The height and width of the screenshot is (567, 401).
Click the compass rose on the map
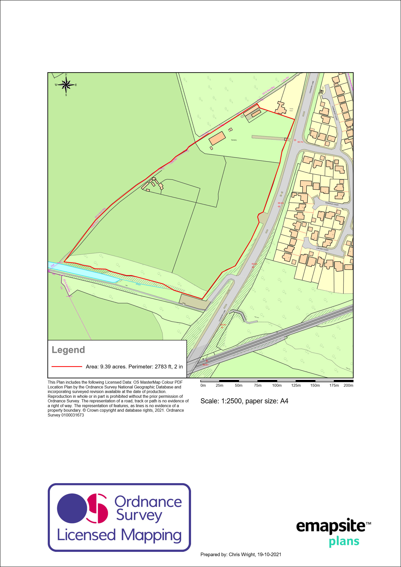coord(66,85)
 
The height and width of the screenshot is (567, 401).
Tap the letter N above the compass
coord(66,75)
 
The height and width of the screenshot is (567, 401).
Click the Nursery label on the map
coord(234,140)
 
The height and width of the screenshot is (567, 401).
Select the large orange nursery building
coord(217,138)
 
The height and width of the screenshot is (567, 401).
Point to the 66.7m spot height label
coord(300,142)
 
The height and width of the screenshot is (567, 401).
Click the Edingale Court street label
coord(332,204)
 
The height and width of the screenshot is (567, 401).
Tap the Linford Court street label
coord(322,249)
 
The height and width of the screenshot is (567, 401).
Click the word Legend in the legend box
coord(68,350)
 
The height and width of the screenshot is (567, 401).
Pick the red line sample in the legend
coord(67,366)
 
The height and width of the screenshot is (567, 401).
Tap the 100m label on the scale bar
coord(277,385)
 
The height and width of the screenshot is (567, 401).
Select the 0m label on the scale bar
coord(203,385)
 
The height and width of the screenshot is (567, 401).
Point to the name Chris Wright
coord(242,554)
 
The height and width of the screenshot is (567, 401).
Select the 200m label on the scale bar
coord(348,385)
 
